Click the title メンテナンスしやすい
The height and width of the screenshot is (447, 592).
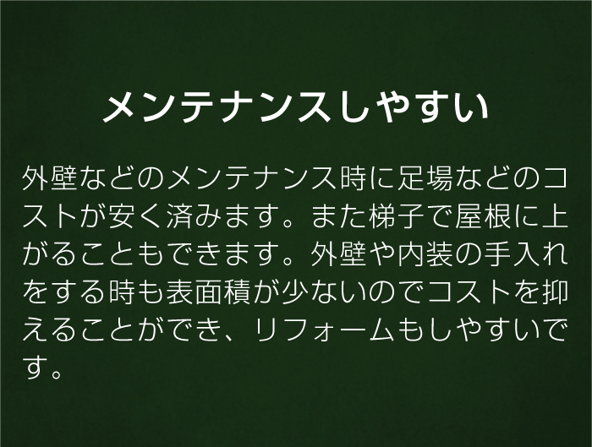point(296,107)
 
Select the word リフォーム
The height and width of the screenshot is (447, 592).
point(324,331)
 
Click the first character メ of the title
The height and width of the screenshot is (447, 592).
point(121,108)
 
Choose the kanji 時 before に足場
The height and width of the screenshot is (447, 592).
point(353,177)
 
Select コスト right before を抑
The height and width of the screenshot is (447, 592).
point(470,293)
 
